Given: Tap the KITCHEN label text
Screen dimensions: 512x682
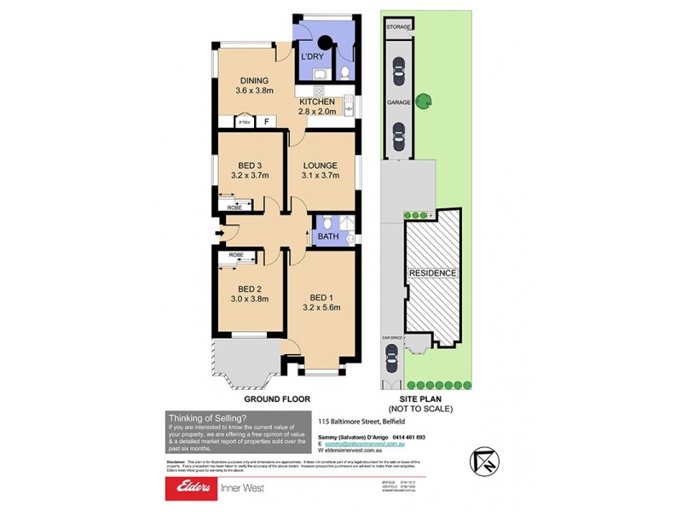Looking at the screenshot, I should [316, 102].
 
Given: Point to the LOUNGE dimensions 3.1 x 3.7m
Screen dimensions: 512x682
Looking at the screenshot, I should [320, 177].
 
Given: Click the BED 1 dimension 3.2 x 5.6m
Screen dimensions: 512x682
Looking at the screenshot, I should [321, 312].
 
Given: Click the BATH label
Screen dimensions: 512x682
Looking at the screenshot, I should [328, 236].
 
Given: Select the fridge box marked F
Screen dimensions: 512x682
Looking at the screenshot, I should [267, 122].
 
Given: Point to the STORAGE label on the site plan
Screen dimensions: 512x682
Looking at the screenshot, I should [400, 27].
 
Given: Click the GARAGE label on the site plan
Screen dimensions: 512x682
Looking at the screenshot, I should [400, 101].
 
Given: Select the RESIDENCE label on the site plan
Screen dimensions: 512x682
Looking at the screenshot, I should [432, 273].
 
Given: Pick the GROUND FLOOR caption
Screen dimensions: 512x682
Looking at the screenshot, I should [277, 399].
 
